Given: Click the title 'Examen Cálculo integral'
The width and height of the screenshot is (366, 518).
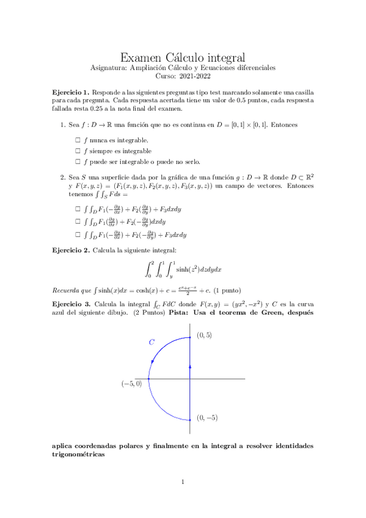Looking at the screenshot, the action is (183, 57).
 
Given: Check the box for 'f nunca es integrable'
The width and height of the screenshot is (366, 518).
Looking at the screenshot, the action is (78, 140).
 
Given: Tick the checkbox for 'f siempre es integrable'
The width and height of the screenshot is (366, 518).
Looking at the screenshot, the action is (78, 151).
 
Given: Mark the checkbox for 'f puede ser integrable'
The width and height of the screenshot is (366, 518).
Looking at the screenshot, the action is (78, 161).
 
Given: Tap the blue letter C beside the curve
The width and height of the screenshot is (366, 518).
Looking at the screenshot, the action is (152, 343).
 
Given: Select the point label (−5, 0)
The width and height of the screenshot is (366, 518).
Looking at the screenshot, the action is (131, 384).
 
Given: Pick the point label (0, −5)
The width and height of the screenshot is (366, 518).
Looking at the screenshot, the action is (207, 418).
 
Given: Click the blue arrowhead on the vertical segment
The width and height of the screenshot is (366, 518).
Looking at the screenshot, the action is (191, 366).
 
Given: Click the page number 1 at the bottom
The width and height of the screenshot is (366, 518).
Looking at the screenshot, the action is (183, 483).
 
